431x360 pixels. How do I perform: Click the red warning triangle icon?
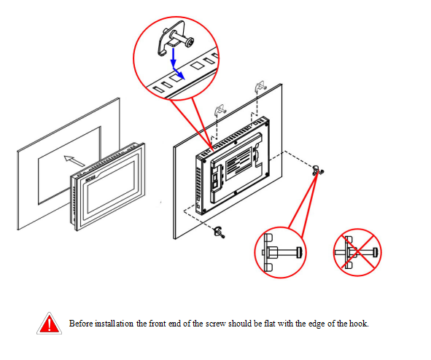click(x=49, y=324)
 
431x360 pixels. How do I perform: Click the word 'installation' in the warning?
click(x=114, y=324)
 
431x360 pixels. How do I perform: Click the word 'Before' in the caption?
click(x=81, y=324)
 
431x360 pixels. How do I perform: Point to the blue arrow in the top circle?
click(x=176, y=63)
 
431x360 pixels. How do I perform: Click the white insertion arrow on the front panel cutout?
click(x=74, y=161)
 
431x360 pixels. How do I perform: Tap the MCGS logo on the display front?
click(x=90, y=179)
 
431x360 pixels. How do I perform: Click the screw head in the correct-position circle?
click(x=299, y=252)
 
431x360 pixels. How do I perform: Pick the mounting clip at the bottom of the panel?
click(x=220, y=232)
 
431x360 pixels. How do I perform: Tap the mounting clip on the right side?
click(x=318, y=171)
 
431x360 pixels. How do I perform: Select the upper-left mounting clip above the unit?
click(x=220, y=109)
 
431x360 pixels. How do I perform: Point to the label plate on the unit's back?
click(x=238, y=164)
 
